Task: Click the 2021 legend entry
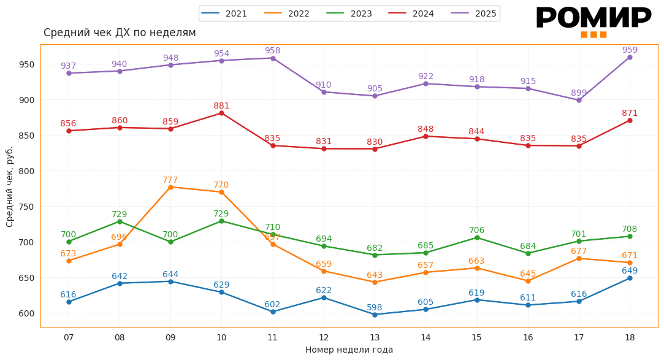(224, 13)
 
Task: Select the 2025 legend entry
(473, 13)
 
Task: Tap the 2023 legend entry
(349, 13)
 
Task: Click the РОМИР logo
(593, 21)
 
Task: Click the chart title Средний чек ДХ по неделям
(120, 33)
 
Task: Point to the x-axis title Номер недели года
(349, 350)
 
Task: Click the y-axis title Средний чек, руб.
(10, 186)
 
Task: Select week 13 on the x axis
(375, 337)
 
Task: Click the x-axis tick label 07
(69, 337)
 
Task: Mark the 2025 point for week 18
(630, 58)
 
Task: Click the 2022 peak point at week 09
(170, 187)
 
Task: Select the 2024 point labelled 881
(221, 113)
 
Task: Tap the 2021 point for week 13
(375, 315)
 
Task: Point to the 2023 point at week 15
(477, 237)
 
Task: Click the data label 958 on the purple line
(272, 51)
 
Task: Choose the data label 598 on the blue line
(375, 307)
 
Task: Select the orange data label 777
(170, 180)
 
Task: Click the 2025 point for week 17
(579, 100)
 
